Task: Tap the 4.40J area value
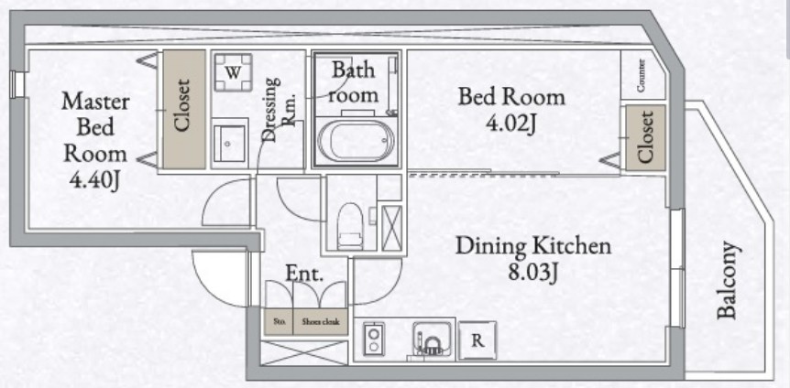pyautogui.click(x=95, y=179)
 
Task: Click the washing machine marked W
pyautogui.click(x=235, y=72)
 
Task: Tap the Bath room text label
pyautogui.click(x=354, y=81)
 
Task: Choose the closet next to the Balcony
pyautogui.click(x=645, y=137)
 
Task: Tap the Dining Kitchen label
pyautogui.click(x=533, y=245)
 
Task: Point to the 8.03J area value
pyautogui.click(x=533, y=272)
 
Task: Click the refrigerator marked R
pyautogui.click(x=477, y=339)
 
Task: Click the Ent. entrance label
pyautogui.click(x=303, y=273)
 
